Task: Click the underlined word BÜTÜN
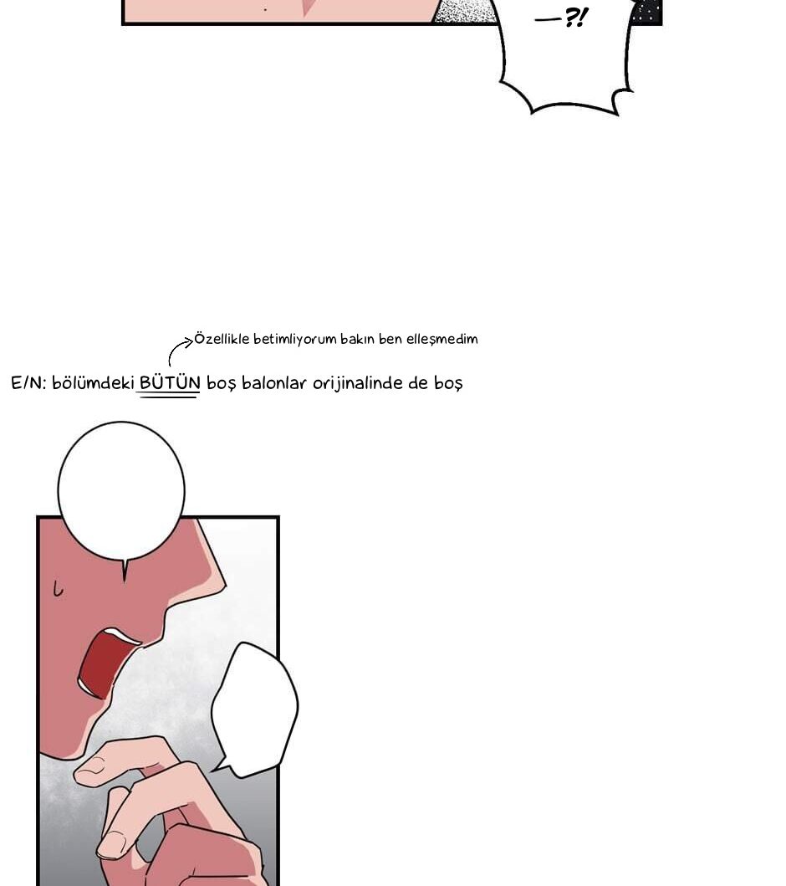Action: point(170,383)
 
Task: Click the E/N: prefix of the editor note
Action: point(28,384)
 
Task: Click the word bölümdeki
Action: point(93,383)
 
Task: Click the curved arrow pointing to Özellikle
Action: point(177,349)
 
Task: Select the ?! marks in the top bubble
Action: point(576,18)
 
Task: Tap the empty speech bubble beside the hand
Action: point(255,709)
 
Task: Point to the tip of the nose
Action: point(225,586)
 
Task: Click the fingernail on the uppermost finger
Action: point(92,766)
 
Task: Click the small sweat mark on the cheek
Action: point(58,589)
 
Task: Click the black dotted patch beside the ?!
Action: point(646,12)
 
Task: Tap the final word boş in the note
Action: point(448,384)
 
